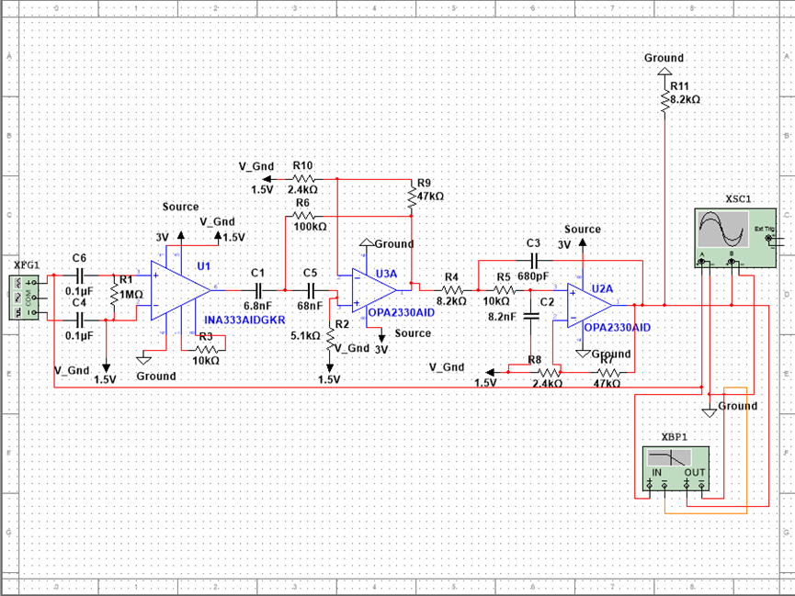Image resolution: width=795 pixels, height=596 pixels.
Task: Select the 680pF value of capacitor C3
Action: (x=533, y=275)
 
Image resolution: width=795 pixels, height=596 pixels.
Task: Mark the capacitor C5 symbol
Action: (x=310, y=288)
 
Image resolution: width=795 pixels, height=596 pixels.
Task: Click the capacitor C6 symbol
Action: (x=80, y=274)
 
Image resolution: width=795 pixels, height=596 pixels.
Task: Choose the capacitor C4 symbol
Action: (x=80, y=320)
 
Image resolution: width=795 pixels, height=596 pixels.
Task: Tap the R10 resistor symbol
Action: (x=303, y=178)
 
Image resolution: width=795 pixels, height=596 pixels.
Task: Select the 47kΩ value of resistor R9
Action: (x=429, y=196)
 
